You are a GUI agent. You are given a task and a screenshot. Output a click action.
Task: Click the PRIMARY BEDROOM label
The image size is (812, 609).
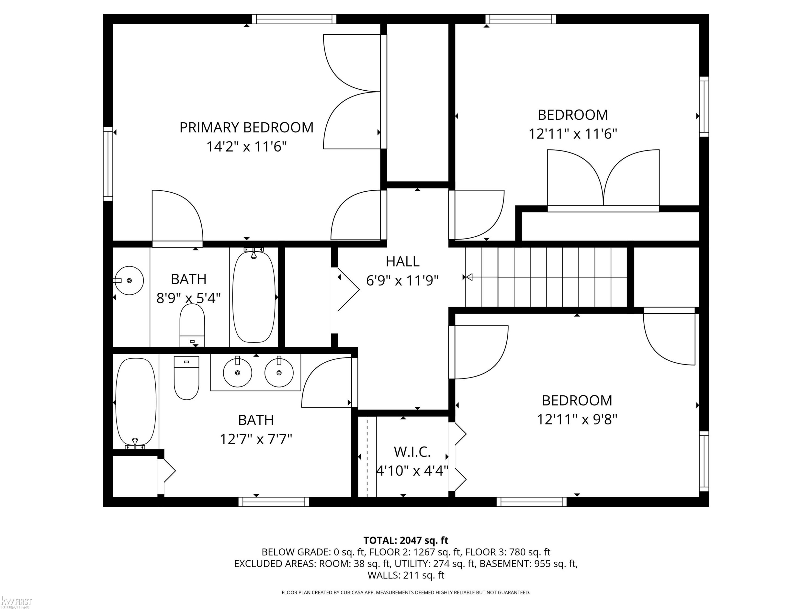246,128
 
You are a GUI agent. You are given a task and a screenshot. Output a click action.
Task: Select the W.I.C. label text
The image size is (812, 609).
412,452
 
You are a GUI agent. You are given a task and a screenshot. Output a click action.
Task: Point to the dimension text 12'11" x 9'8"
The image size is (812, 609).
577,419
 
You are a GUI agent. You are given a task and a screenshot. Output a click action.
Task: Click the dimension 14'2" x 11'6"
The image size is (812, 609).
246,147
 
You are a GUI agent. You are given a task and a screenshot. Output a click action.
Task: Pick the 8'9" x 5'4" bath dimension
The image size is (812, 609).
189,298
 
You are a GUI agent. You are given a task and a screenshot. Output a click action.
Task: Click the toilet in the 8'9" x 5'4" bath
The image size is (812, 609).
192,325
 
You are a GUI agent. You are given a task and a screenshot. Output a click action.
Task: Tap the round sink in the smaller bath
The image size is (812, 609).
129,280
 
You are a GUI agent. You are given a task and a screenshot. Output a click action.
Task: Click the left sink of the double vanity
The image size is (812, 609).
237,372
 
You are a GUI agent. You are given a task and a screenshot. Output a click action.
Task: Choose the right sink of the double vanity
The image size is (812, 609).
279,372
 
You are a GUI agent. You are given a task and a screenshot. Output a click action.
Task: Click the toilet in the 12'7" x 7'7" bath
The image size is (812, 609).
186,378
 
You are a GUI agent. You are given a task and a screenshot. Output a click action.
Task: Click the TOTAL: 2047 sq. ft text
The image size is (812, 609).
406,540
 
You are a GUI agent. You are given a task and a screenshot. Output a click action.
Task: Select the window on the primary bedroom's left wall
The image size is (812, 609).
108,164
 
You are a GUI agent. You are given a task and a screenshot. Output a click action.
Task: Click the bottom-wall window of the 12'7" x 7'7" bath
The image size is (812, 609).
274,502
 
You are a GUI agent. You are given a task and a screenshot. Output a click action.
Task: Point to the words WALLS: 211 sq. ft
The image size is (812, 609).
406,575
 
